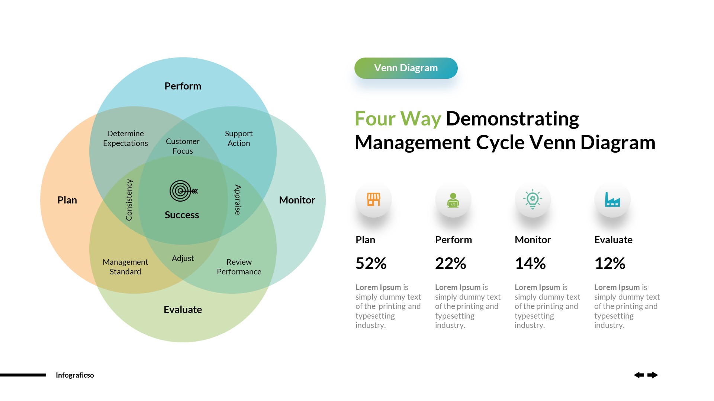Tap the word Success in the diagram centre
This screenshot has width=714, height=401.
click(182, 215)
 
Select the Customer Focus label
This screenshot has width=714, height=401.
click(183, 146)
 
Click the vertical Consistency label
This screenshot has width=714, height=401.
click(129, 200)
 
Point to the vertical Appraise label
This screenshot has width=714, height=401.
click(237, 200)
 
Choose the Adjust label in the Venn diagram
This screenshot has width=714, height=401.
click(183, 258)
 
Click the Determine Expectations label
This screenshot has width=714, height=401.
click(125, 138)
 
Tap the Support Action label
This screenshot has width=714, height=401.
click(239, 138)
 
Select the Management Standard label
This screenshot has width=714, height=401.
click(125, 267)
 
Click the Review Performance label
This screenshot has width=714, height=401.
click(239, 267)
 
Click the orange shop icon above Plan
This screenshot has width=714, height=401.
click(373, 199)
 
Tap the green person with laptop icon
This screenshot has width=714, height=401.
click(453, 200)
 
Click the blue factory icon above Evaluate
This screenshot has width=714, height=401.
click(612, 200)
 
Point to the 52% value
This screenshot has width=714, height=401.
click(371, 264)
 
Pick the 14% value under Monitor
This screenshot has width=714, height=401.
click(530, 264)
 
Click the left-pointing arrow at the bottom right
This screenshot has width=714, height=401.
click(639, 375)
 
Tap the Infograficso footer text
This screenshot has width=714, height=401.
click(75, 375)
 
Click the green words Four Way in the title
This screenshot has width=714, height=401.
click(398, 119)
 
